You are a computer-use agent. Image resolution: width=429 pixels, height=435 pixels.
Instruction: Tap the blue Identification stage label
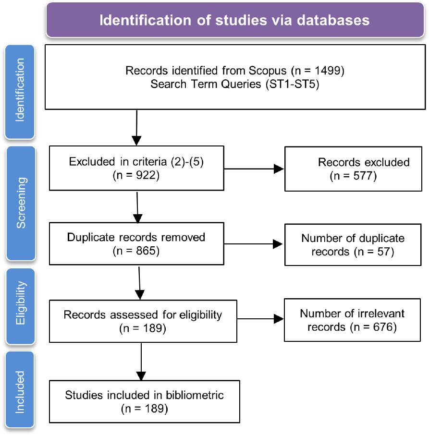coord(19,92)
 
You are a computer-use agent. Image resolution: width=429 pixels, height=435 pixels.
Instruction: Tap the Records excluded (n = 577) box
coord(354,169)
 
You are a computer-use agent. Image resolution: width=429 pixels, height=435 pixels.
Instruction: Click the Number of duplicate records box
coord(354,244)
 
